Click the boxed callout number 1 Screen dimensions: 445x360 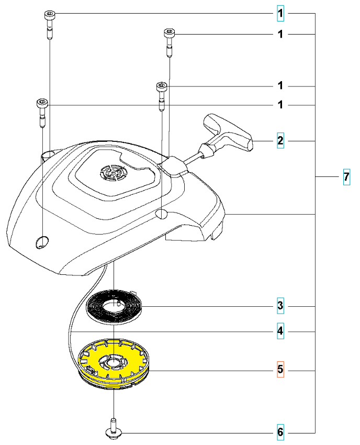pyautogui.click(x=281, y=13)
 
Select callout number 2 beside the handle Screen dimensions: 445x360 pyautogui.click(x=281, y=141)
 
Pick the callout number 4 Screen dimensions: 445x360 pyautogui.click(x=281, y=331)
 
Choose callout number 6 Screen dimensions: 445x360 pyautogui.click(x=281, y=432)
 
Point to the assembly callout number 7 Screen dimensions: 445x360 pyautogui.click(x=346, y=178)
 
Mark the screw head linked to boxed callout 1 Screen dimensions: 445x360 pyautogui.click(x=48, y=14)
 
